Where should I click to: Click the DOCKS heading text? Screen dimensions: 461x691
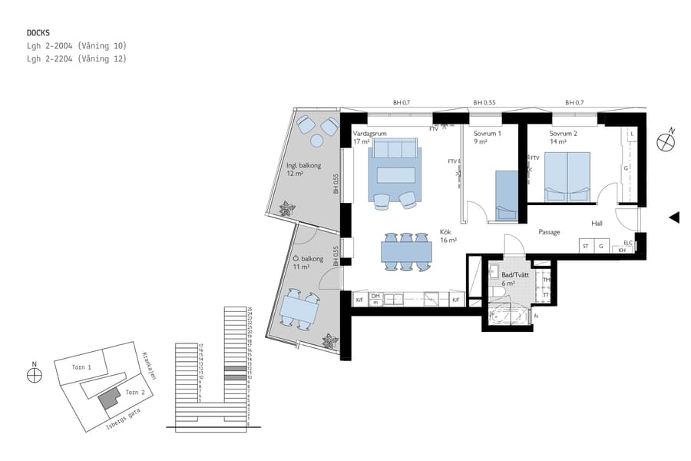click(38, 32)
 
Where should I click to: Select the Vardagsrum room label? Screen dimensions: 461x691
click(369, 133)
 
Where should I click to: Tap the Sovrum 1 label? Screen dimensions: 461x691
click(487, 133)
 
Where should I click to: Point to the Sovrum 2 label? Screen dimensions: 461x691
click(564, 133)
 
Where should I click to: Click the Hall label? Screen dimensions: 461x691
click(597, 224)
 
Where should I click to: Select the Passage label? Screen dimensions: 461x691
click(549, 232)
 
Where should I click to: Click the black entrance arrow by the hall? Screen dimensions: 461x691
click(673, 217)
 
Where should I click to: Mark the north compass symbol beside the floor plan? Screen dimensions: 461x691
click(665, 141)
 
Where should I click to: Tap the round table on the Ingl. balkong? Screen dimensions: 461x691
click(317, 141)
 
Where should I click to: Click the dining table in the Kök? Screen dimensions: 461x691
click(407, 250)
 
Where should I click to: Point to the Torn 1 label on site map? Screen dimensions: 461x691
click(81, 368)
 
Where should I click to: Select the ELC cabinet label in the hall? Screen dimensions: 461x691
click(628, 242)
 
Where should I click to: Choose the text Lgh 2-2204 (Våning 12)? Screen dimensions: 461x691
click(76, 58)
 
